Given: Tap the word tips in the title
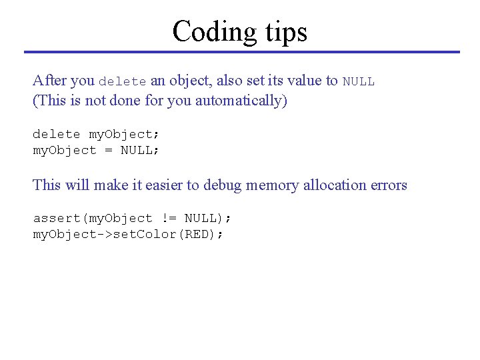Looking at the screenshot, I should (x=285, y=32).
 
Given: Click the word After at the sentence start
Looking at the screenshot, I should (x=49, y=81).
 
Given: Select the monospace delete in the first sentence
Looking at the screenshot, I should (x=122, y=82).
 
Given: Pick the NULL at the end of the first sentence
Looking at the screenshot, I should (x=359, y=82).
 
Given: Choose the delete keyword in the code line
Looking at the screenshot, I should (x=57, y=134).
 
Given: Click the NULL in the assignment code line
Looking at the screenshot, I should (x=137, y=150).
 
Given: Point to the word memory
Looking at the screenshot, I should (x=272, y=185).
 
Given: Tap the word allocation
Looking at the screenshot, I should (x=334, y=185).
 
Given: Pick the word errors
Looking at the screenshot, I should (x=388, y=185).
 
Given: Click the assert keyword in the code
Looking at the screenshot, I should (x=57, y=219).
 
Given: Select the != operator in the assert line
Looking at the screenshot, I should (x=168, y=219).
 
